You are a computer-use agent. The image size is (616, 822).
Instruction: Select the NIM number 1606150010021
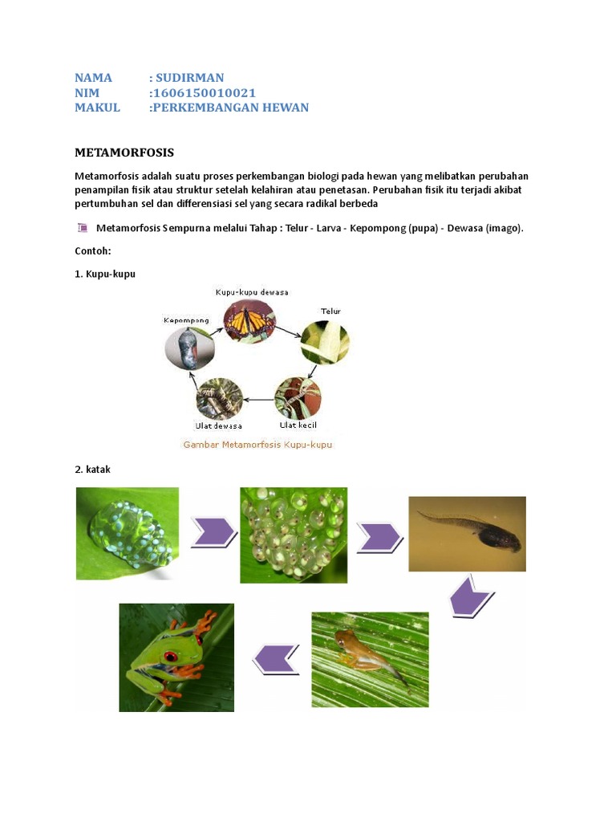point(203,93)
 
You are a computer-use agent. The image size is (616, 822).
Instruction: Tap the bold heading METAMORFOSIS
point(124,153)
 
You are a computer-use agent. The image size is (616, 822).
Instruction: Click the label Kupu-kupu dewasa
point(252,292)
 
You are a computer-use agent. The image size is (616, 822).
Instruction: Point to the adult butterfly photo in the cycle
point(249,322)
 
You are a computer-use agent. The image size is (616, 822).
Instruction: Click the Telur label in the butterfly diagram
point(330,311)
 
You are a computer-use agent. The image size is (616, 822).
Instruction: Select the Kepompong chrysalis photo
point(189,348)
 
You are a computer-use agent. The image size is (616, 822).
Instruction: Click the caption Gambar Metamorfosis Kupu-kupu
point(257,444)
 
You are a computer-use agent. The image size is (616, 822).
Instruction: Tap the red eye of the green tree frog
point(170,656)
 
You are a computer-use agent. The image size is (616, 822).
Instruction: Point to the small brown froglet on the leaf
point(359,648)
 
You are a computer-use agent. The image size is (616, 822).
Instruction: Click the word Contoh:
point(92,250)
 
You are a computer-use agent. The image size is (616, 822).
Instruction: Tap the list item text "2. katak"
point(92,470)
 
